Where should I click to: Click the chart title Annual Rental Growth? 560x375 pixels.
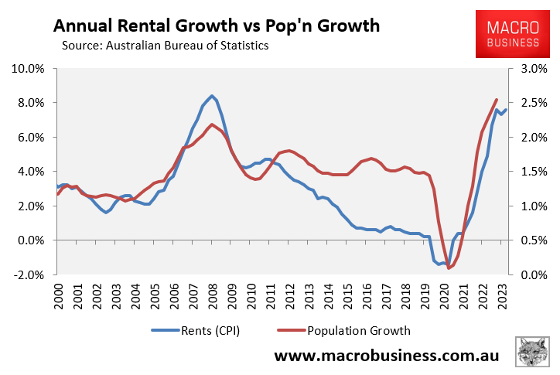pos(217,26)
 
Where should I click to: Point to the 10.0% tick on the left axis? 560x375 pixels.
pos(29,69)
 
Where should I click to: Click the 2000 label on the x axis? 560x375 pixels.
pos(60,297)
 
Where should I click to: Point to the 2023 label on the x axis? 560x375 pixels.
pos(502,297)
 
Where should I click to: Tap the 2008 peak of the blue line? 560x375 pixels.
pos(212,96)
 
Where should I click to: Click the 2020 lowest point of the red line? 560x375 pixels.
pos(449,268)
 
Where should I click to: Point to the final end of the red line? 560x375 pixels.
pos(496,100)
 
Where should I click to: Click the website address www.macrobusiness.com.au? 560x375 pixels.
pos(387,356)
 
